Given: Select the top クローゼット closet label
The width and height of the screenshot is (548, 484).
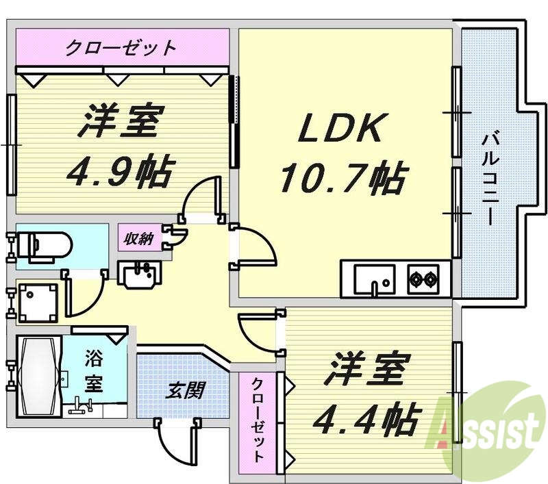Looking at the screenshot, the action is (x=121, y=49).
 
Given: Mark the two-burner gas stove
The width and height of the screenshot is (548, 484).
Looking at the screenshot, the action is (x=423, y=279).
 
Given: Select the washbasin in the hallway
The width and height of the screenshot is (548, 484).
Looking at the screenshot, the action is (x=140, y=277).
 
